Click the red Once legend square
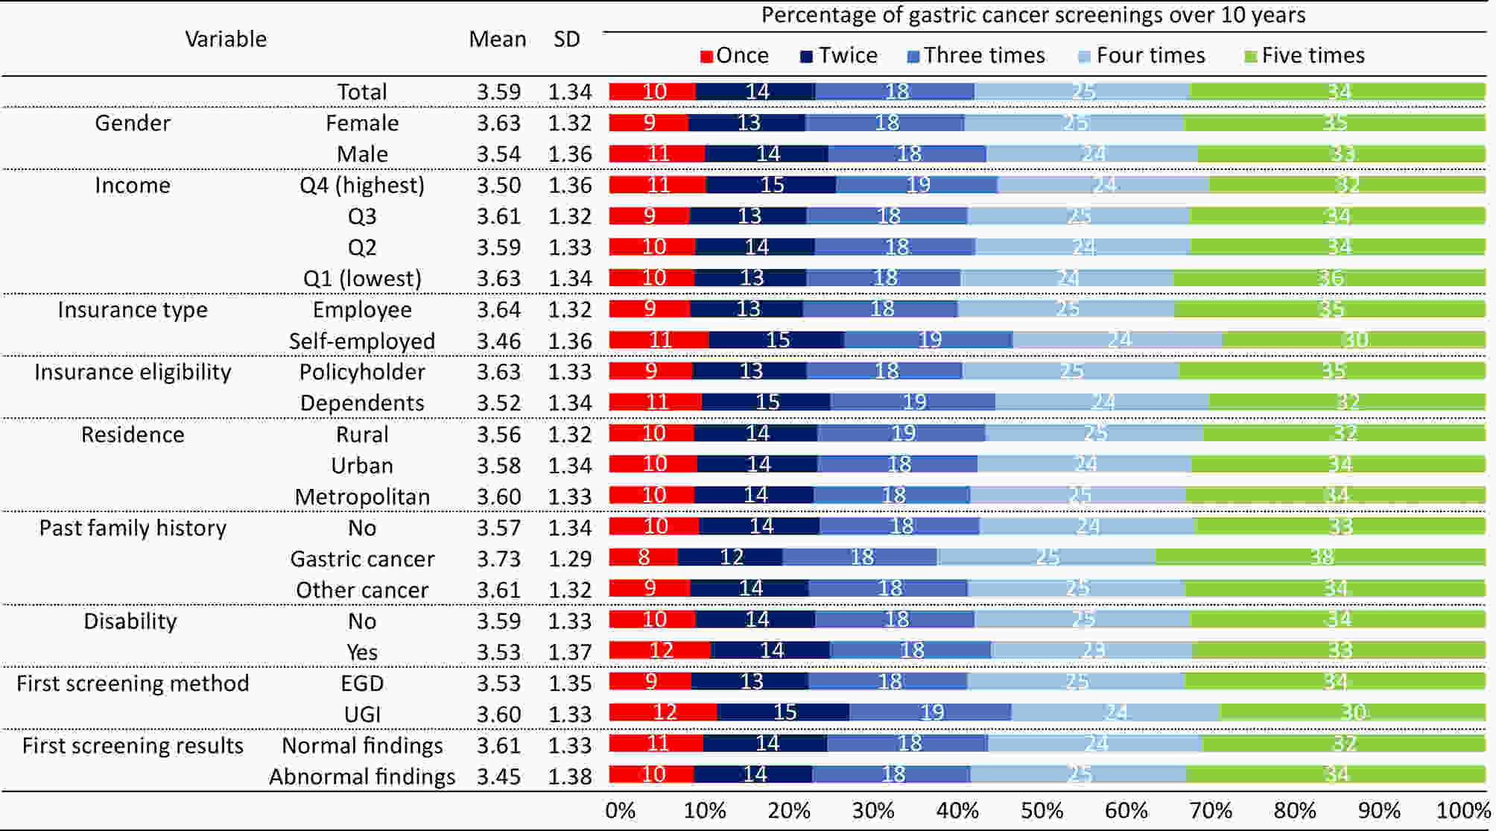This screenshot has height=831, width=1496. click(707, 57)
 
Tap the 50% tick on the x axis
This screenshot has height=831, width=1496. click(1042, 811)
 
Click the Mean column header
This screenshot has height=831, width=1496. click(497, 40)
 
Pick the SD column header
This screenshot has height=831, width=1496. click(566, 40)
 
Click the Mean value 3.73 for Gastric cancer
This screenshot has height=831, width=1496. click(498, 559)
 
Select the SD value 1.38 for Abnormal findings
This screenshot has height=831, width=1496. click(570, 777)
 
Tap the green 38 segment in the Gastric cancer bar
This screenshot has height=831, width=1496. click(1320, 557)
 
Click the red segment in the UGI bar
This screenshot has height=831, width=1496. click(663, 712)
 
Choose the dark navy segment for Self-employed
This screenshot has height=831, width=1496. click(776, 341)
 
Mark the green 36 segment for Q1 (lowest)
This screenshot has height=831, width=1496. click(1329, 278)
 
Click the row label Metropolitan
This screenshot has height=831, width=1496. click(362, 497)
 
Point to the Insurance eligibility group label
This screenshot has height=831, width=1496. click(133, 372)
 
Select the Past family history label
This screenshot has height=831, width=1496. click(133, 528)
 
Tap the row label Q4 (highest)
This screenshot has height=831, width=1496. click(362, 186)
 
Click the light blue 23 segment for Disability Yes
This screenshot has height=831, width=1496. click(1091, 651)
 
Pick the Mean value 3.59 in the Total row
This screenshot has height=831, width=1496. click(498, 92)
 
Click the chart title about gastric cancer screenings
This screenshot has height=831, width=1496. click(1033, 16)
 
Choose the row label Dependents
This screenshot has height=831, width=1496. click(362, 403)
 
